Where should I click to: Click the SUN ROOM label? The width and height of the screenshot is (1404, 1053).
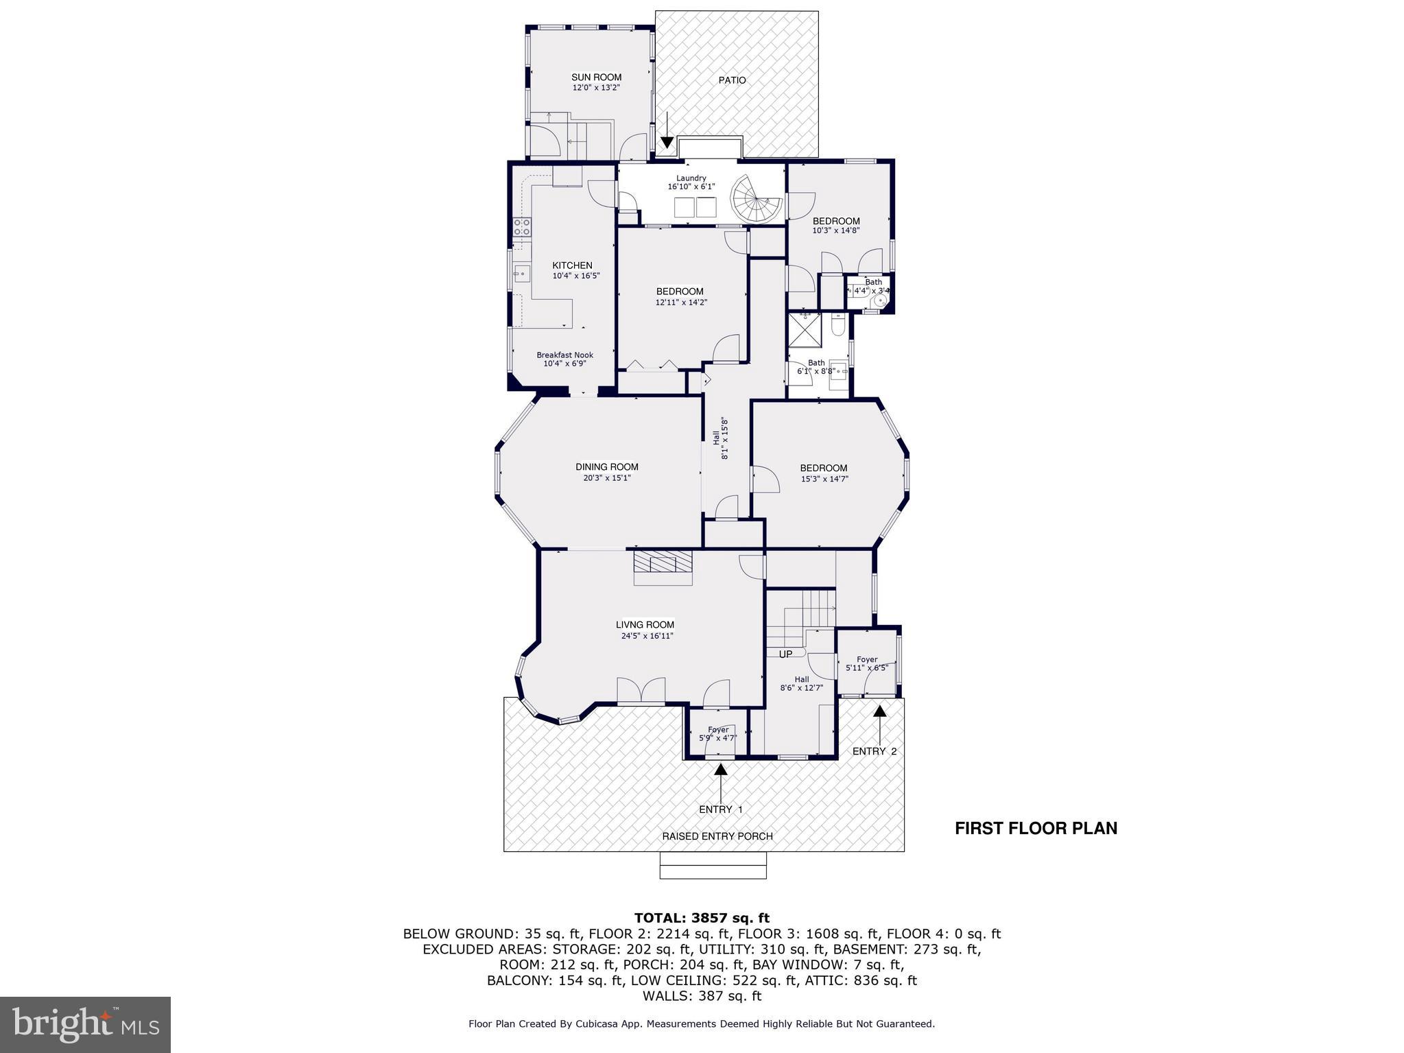coord(596,78)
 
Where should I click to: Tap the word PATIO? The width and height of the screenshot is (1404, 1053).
coord(732,80)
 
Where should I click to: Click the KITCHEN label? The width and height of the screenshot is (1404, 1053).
coord(572,265)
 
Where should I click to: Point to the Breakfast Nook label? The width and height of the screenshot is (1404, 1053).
coord(564,355)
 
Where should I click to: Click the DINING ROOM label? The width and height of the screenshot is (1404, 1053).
coord(606,467)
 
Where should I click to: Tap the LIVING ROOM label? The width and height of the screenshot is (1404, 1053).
coord(645,624)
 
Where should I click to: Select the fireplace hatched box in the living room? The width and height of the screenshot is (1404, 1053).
coord(663,563)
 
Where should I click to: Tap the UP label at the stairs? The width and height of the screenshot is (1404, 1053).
coord(785,654)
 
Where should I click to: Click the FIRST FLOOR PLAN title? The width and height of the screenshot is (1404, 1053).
coord(1036,828)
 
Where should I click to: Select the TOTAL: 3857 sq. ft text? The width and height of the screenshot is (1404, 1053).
coord(702,918)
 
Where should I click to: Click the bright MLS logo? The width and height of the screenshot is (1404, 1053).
coord(85,1024)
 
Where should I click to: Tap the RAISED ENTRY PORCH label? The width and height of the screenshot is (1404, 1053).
coord(717,836)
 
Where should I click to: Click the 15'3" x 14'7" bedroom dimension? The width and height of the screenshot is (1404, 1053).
coord(824,479)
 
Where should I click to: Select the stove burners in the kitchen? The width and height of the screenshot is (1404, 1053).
coord(522,227)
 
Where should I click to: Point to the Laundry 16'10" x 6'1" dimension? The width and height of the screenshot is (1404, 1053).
coord(691,187)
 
